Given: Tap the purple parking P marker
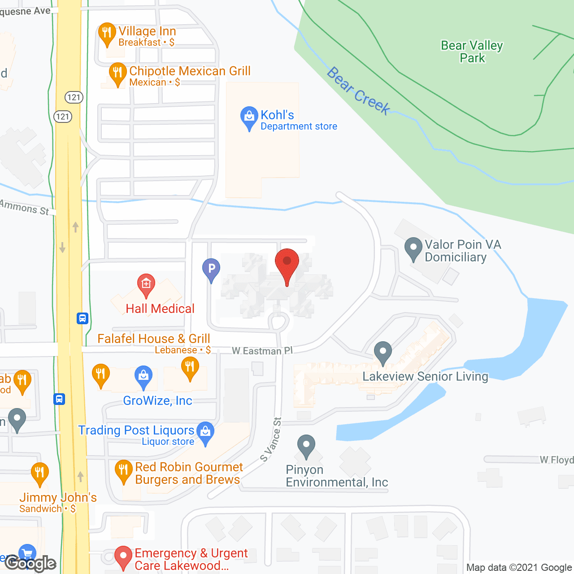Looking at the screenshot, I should click(x=211, y=270).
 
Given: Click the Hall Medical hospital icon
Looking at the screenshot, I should click(x=146, y=284).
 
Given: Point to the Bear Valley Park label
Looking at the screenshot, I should click(x=472, y=52).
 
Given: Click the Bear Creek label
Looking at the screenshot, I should click(x=358, y=91).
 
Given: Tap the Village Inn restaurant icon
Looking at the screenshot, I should click(x=107, y=33).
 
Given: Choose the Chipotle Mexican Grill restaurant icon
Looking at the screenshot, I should click(x=117, y=73).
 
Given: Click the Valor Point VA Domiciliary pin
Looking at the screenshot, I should click(x=413, y=248).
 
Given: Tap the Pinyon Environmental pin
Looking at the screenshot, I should click(x=306, y=445).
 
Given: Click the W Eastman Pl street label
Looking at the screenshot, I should click(x=262, y=351).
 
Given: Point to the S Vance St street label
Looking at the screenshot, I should click(x=271, y=439).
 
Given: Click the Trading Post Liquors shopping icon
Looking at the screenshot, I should click(x=205, y=432).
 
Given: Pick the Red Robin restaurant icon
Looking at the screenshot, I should click(x=123, y=470).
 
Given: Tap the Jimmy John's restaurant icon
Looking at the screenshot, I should click(x=40, y=473).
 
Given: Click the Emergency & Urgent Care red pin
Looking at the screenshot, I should click(x=123, y=557).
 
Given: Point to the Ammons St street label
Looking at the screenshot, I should click(x=25, y=208).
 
